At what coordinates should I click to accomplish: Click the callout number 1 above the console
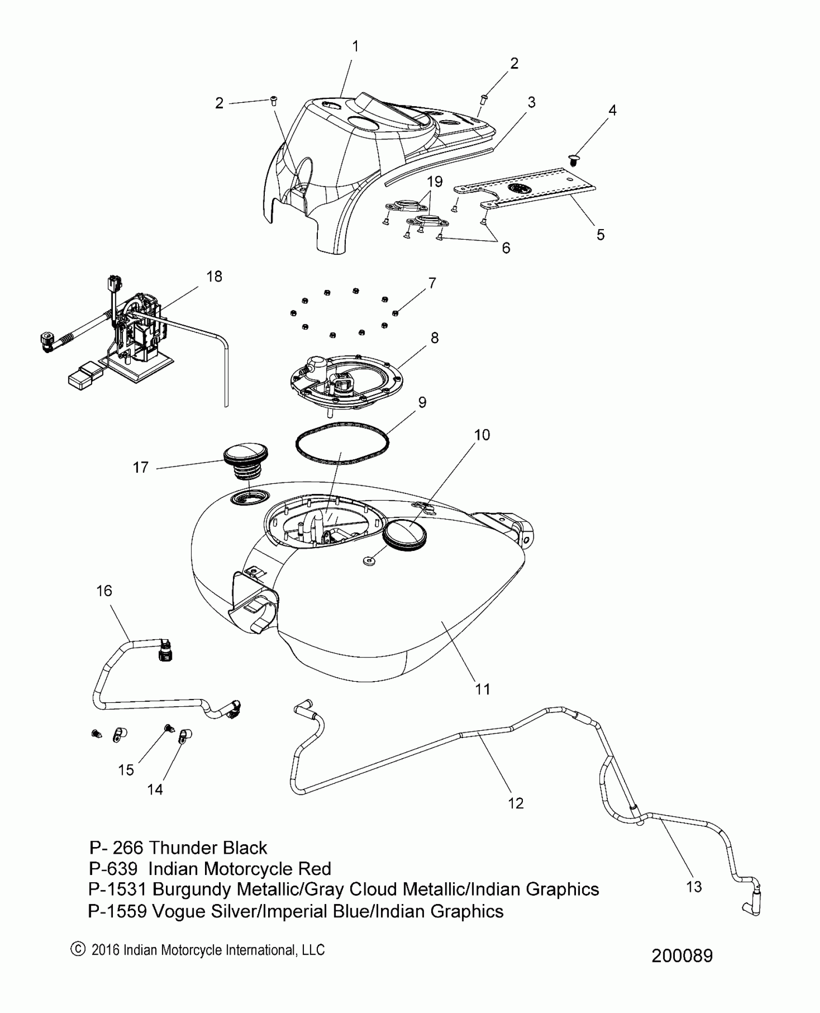(x=355, y=47)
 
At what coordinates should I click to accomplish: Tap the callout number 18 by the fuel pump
(x=214, y=276)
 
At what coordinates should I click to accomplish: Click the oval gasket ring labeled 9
(x=342, y=444)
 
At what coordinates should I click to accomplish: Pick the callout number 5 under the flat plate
(x=601, y=235)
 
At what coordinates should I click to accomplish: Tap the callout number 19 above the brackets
(x=435, y=182)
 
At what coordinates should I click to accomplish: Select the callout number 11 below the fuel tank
(x=482, y=689)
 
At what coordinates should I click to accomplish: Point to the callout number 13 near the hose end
(x=694, y=887)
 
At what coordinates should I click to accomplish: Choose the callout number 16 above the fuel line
(x=104, y=591)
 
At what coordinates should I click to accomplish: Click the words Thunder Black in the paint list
(x=207, y=848)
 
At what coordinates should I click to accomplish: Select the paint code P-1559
(x=117, y=912)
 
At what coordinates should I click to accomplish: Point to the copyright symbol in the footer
(x=77, y=950)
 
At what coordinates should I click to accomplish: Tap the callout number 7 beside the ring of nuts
(x=432, y=283)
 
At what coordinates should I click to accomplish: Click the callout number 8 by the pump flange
(x=435, y=338)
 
